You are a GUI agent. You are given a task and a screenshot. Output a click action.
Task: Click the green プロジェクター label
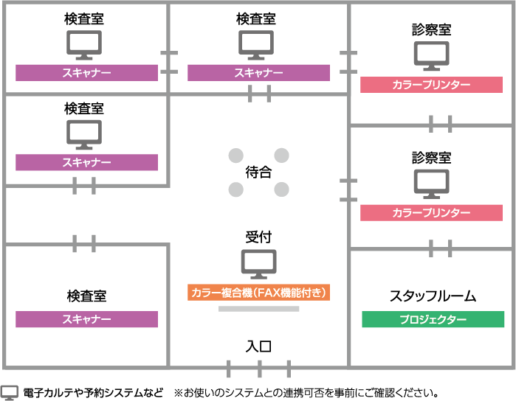pyautogui.click(x=433, y=320)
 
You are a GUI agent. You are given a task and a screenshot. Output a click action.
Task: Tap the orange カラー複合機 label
pyautogui.click(x=258, y=293)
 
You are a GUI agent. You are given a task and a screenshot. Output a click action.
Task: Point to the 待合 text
pyautogui.click(x=258, y=172)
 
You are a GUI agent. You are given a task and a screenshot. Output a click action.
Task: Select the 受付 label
pyautogui.click(x=258, y=237)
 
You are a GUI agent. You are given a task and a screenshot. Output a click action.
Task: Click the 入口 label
pyautogui.click(x=258, y=346)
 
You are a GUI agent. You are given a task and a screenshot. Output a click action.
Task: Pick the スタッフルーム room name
pyautogui.click(x=433, y=296)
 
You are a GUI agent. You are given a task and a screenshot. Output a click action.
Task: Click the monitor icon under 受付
pyautogui.click(x=258, y=263)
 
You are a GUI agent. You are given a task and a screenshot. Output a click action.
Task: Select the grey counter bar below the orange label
pyautogui.click(x=258, y=309)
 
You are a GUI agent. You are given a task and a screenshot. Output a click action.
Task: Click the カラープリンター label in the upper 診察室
pyautogui.click(x=432, y=85)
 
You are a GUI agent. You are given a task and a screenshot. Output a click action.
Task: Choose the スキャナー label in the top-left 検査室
pyautogui.click(x=86, y=73)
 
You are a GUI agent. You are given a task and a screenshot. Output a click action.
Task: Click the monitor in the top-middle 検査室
pyautogui.click(x=256, y=45)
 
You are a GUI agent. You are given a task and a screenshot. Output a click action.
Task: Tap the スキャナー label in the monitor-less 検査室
pyautogui.click(x=86, y=319)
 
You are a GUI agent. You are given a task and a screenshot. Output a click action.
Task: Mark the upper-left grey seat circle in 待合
pyautogui.click(x=235, y=156)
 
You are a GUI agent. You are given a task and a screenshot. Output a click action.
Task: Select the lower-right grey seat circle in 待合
pyautogui.click(x=281, y=189)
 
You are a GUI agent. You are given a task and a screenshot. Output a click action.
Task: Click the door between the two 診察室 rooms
pyautogui.click(x=440, y=124)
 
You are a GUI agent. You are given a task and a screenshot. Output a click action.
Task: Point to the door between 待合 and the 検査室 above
pyautogui.click(x=259, y=94)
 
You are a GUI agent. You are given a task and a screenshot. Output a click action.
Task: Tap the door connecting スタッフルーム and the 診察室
pyautogui.click(x=440, y=248)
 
